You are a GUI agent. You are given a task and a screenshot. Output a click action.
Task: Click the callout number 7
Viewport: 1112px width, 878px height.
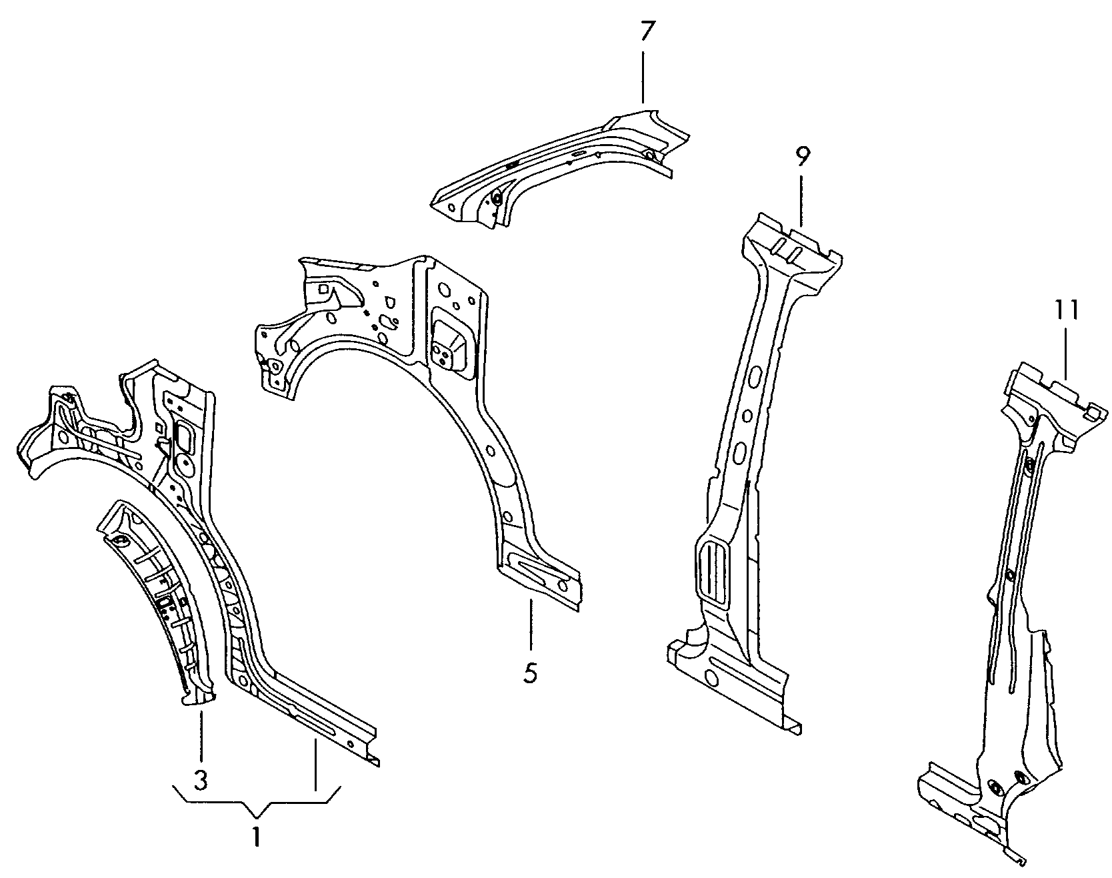pos(643,32)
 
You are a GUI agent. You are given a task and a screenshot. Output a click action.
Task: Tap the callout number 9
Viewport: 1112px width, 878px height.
pos(802,157)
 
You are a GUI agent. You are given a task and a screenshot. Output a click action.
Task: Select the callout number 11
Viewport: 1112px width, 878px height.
pos(1066,310)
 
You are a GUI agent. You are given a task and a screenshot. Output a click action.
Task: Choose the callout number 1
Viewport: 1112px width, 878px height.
pos(257,837)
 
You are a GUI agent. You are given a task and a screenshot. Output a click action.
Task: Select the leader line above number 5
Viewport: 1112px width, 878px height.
pos(531,624)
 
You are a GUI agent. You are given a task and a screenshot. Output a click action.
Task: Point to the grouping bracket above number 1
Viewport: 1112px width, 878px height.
pos(257,805)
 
